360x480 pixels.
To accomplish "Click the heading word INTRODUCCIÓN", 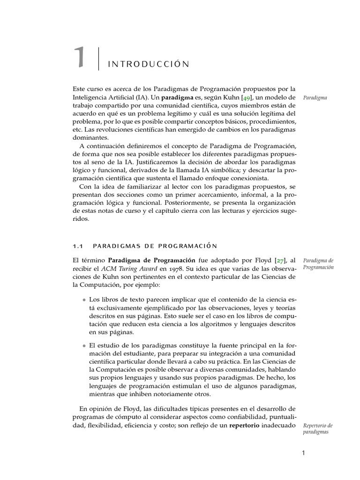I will pos(149,64).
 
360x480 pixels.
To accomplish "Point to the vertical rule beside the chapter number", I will pos(99,59).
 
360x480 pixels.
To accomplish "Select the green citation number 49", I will pos(247,98).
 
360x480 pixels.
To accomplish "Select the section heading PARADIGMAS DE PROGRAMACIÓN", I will pos(155,245).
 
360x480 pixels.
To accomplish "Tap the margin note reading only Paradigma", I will pos(315,98).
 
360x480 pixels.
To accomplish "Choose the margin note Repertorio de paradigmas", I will pos(317,428).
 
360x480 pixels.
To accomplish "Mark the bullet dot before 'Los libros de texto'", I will pos(84,299).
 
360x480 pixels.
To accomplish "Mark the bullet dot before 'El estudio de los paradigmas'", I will pos(84,345).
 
